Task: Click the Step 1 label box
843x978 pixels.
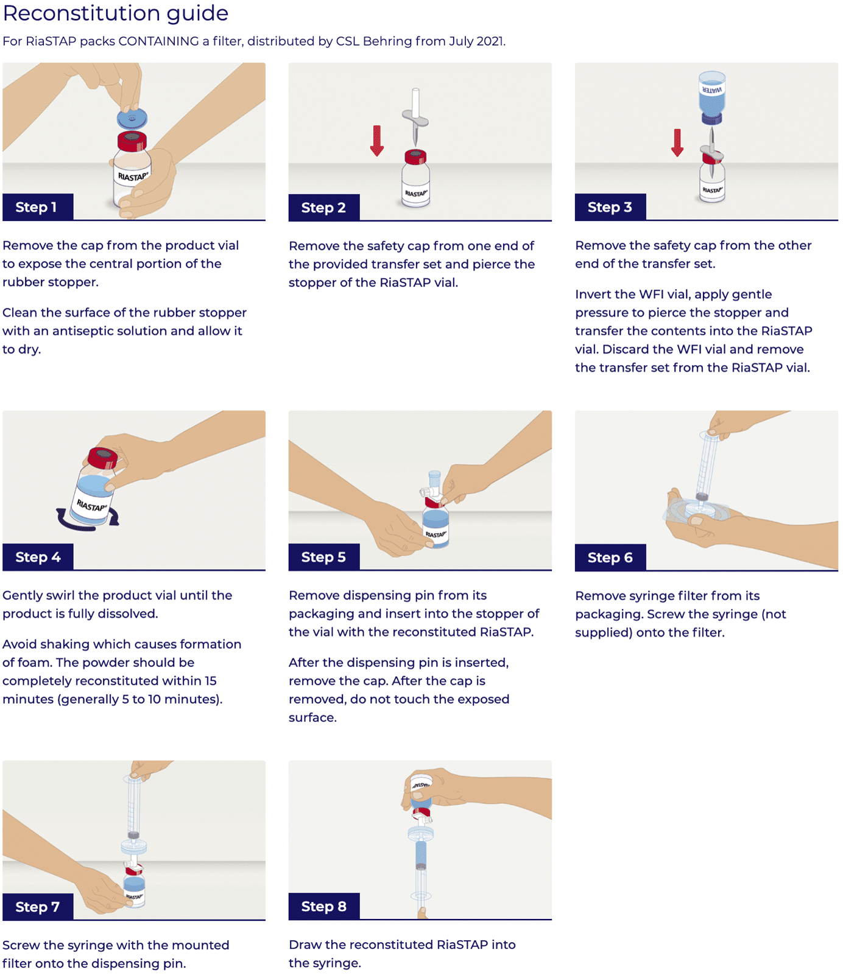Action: (38, 207)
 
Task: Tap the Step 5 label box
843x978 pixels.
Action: (323, 557)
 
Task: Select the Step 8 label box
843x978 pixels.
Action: (323, 906)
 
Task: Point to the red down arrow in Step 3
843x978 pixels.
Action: (677, 142)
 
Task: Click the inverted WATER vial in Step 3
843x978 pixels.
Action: (711, 95)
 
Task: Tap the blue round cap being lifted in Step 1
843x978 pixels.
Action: (132, 118)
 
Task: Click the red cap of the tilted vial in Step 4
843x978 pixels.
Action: (102, 458)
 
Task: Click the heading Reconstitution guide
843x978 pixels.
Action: (116, 13)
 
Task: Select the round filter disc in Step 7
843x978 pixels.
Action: (134, 847)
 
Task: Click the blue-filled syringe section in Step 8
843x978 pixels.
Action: (421, 855)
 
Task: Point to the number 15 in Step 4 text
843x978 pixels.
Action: (210, 681)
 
